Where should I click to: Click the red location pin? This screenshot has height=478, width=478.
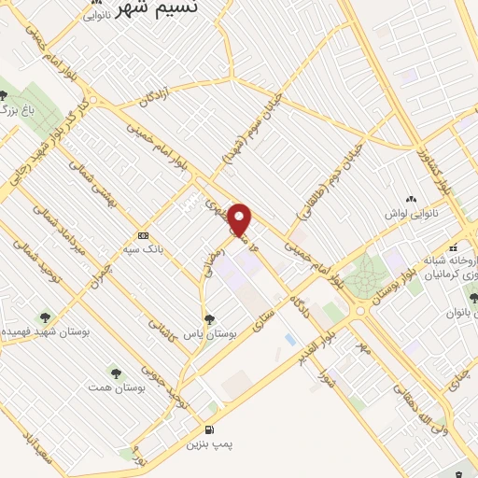pyautogui.click(x=240, y=218)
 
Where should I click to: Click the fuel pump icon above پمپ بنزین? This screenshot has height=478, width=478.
pyautogui.click(x=207, y=429)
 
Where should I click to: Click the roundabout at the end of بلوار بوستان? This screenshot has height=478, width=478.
pyautogui.click(x=359, y=311)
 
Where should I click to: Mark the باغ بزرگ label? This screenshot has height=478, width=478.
pyautogui.click(x=9, y=111)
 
